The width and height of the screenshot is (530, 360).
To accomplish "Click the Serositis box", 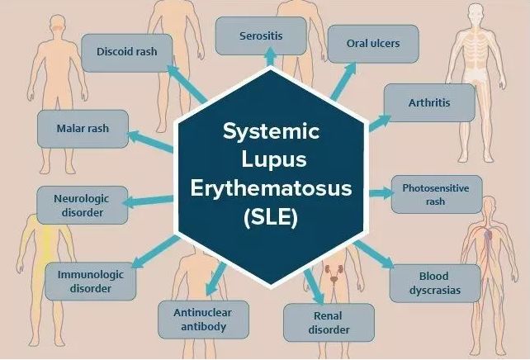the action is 261,36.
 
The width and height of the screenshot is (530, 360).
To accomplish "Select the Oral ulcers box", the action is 373,44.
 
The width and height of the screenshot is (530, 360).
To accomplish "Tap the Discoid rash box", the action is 127,53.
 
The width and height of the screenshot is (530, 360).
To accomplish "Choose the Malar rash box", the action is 83,129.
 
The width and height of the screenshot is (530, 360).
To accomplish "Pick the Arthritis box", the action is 429,102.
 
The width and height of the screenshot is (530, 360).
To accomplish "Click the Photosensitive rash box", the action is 437,194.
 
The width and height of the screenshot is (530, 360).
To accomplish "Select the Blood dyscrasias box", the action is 435,283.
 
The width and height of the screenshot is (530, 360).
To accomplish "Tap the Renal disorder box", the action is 329,323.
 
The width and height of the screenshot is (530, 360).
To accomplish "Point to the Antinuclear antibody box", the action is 203,320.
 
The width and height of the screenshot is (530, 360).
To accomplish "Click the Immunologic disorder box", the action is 91,282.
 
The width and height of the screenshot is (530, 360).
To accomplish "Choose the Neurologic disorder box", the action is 82,205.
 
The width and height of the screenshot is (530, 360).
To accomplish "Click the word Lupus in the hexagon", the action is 274,159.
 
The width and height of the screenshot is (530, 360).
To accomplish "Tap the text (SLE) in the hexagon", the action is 271,217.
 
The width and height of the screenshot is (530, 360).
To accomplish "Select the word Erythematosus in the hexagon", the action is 271,188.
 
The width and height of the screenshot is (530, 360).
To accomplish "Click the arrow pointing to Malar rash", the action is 150,141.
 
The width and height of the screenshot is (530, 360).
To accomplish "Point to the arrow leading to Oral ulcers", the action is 343,82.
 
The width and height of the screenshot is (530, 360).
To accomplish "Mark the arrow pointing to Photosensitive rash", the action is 381,193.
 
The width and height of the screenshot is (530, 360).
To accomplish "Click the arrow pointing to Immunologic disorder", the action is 155,252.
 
